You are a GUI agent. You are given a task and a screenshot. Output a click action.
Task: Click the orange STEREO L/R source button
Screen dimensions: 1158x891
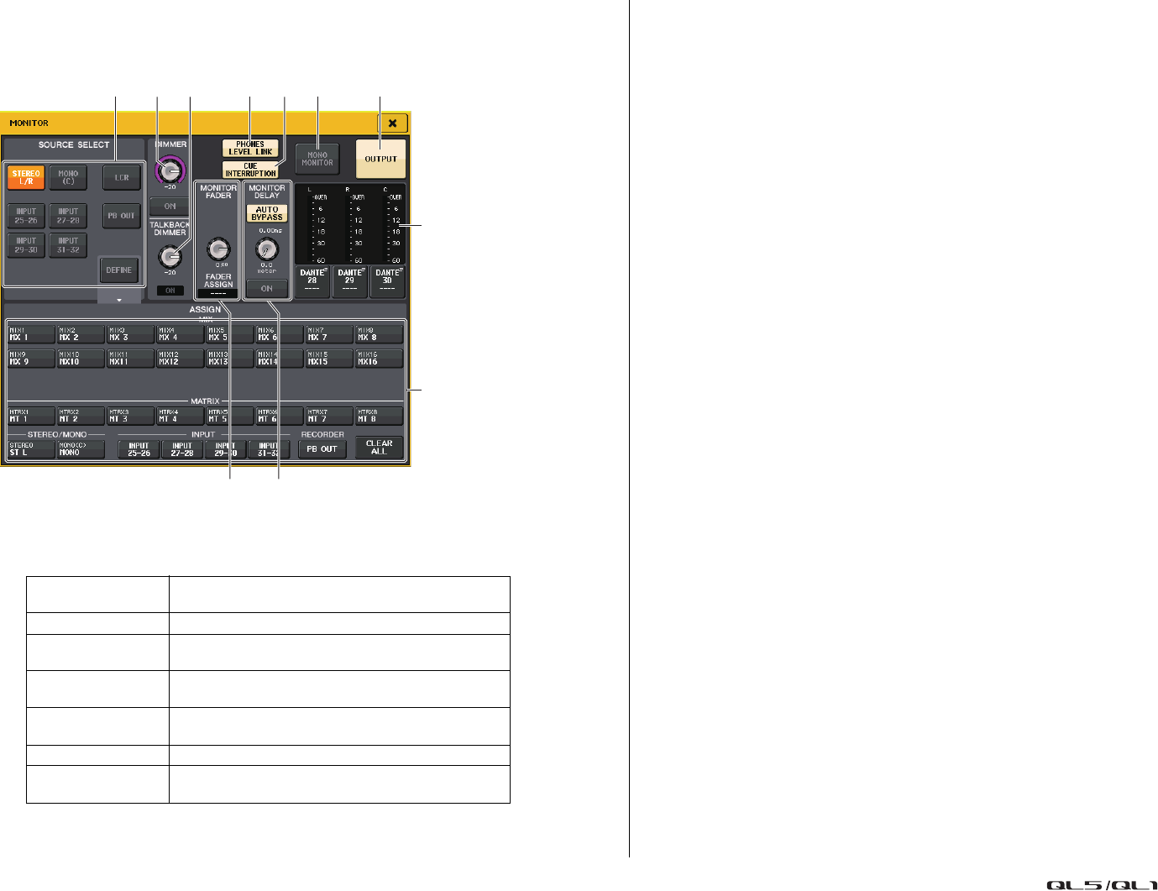point(26,177)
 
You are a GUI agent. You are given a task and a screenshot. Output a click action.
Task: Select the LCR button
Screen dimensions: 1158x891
point(122,177)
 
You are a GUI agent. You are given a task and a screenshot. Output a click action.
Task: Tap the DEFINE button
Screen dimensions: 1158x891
point(118,270)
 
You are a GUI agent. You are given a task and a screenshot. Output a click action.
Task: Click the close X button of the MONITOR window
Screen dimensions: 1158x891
point(392,123)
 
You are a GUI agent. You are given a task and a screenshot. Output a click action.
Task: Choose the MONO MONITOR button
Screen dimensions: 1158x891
point(317,159)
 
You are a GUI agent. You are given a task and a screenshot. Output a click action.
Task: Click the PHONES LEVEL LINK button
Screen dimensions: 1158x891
point(250,149)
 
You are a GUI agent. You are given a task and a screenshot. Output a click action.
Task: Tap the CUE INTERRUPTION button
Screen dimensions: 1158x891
point(250,170)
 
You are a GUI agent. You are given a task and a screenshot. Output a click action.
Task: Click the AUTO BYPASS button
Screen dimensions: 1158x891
point(267,213)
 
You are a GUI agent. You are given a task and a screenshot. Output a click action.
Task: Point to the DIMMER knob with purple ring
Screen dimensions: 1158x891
point(170,170)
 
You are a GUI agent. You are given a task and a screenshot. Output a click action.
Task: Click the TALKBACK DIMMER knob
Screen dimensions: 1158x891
point(170,256)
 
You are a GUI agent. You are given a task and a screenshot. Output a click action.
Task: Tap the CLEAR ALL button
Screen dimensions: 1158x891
point(379,448)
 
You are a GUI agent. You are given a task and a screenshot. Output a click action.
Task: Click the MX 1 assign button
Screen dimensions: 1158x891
point(30,334)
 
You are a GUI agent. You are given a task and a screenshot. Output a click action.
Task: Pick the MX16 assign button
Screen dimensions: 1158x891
point(379,359)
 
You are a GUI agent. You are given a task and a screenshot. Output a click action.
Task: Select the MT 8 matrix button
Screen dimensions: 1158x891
point(379,416)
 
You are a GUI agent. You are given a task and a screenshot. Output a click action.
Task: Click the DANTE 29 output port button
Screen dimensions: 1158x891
point(349,281)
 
